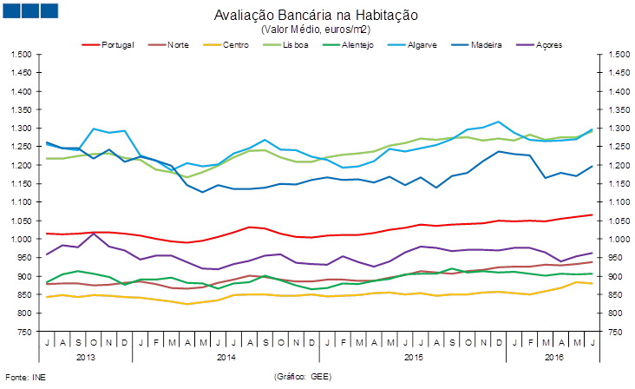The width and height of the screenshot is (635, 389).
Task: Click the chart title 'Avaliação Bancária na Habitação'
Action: [316, 16]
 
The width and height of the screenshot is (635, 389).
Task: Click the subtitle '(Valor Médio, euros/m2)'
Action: [316, 29]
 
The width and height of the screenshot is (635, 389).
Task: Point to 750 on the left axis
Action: [25, 332]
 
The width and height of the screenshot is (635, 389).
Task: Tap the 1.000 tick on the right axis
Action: [612, 240]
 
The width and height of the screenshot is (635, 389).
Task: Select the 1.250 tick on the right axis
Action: [612, 147]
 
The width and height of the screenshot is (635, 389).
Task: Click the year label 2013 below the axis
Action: [86, 357]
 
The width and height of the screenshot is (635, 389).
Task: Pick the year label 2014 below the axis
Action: [226, 357]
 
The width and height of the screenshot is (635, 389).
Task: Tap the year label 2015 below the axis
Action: [413, 357]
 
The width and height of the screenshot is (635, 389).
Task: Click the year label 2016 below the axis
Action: [553, 357]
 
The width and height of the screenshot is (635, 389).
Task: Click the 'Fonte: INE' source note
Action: [26, 378]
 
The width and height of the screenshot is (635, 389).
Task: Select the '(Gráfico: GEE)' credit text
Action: [303, 378]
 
